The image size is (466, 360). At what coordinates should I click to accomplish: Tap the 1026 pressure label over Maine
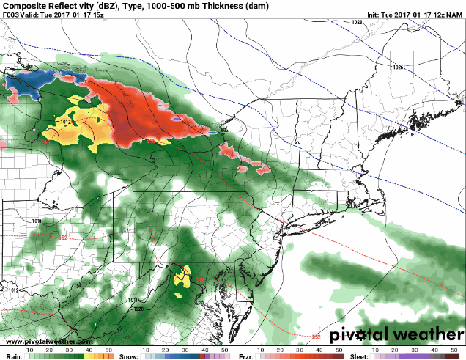398,67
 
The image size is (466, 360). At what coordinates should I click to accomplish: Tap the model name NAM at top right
455,14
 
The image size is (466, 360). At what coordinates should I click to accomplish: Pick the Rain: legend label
12,355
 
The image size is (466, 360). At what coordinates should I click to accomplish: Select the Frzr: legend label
248,355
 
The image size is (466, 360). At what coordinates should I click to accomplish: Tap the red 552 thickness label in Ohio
63,237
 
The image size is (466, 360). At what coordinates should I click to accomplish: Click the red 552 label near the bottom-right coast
316,337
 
